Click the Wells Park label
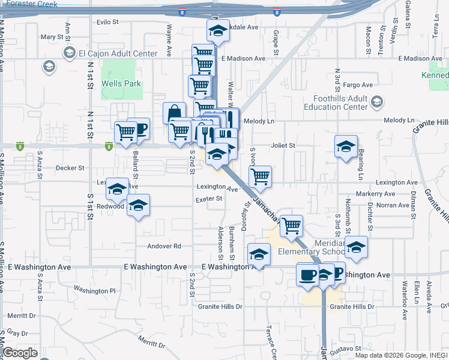pos(121,83)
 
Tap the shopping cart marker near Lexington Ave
pos(261,176)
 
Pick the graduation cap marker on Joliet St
pos(346,146)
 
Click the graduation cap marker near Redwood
pos(139,206)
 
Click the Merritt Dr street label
pos(22,316)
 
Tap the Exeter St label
pos(209,199)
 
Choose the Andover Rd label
pos(164,246)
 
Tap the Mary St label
pos(47,37)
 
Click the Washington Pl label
pos(95,291)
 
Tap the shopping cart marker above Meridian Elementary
pos(291,226)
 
